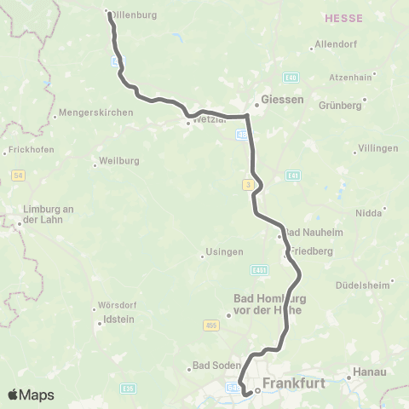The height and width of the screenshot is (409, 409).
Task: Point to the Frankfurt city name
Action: pyautogui.click(x=295, y=384)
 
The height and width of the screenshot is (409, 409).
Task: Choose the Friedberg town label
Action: pyautogui.click(x=311, y=252)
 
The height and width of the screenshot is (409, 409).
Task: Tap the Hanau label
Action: pyautogui.click(x=372, y=372)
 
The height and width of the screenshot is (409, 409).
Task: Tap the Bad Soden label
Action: pyautogui.click(x=212, y=366)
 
